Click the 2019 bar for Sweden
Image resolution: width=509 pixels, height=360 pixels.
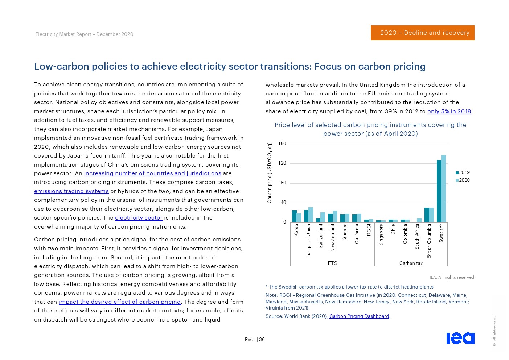(x=439, y=191)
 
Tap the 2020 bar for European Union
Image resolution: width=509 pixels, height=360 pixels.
(x=311, y=214)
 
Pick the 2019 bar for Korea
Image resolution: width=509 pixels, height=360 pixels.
(x=294, y=216)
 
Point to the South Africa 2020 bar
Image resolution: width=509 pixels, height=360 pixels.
(x=419, y=220)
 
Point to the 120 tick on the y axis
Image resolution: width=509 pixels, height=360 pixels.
(x=282, y=163)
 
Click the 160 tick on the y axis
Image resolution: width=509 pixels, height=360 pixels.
(x=282, y=144)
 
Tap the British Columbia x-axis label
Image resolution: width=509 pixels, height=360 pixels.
(x=429, y=241)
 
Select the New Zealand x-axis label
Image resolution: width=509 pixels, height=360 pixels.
(x=333, y=238)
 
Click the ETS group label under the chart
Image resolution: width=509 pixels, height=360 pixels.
(x=332, y=263)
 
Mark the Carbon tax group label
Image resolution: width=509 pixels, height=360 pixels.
(x=411, y=263)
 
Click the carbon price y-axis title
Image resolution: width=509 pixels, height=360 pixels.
(x=270, y=173)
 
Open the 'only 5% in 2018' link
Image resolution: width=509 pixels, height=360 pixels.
(x=449, y=111)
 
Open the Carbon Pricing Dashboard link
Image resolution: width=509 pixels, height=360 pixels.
(x=359, y=316)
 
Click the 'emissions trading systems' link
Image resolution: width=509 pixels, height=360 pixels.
(x=71, y=191)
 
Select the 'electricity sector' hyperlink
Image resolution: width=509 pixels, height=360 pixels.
(x=139, y=218)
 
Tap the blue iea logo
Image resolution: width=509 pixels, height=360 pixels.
(x=460, y=338)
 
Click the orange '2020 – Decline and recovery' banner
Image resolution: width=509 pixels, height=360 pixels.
(x=422, y=33)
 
